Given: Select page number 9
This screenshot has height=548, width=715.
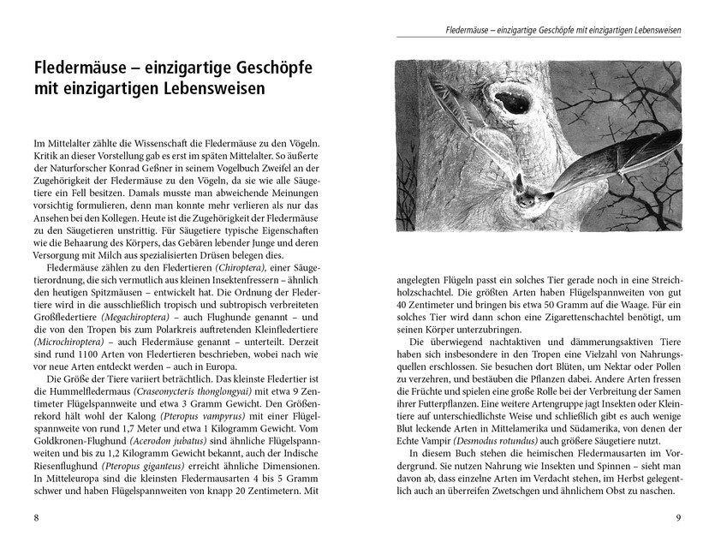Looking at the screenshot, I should coord(678,517).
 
